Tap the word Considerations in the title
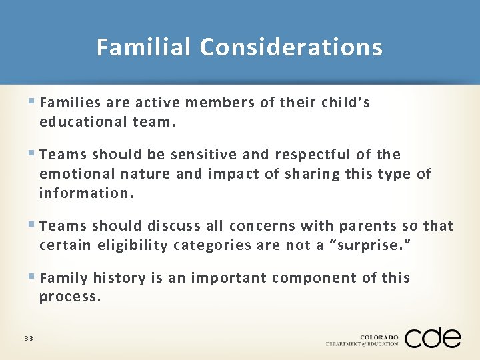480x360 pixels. click(291, 47)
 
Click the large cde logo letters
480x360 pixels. click(433, 337)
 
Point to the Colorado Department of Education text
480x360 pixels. click(362, 340)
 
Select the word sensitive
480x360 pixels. click(203, 155)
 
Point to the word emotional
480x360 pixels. click(77, 174)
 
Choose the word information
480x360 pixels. click(86, 194)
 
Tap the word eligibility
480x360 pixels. click(130, 245)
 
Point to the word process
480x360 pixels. click(70, 297)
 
